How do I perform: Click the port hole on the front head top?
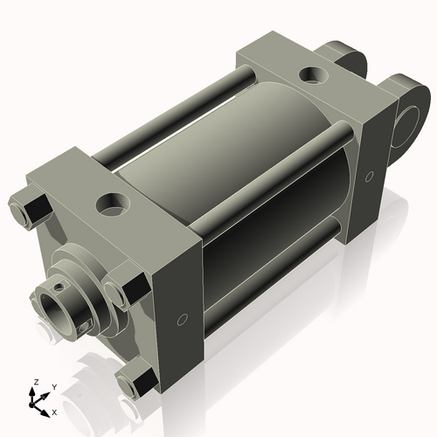tap(112, 206)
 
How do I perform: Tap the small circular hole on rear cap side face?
tap(369, 177)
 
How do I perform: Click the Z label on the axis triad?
tap(35, 383)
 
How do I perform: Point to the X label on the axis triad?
tap(55, 411)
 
